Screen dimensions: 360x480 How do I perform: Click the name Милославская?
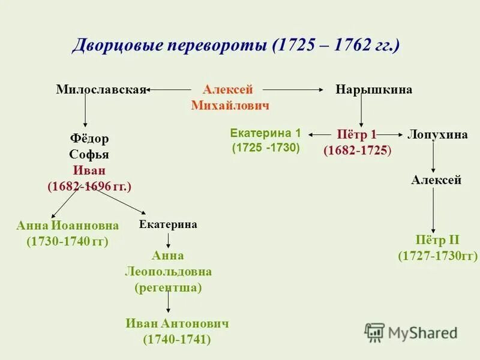101,89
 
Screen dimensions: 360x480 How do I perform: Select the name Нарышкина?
374,89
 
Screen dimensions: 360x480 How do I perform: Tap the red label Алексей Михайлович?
229,97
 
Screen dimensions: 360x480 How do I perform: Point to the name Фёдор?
89,139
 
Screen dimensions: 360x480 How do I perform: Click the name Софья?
89,154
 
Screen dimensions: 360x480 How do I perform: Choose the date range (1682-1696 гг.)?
89,187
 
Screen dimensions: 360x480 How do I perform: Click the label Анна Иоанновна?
67,226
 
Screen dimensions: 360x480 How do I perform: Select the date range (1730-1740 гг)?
67,241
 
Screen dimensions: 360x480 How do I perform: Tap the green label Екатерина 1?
265,133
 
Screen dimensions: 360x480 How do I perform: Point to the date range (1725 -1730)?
266,147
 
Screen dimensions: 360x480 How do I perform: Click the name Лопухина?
437,134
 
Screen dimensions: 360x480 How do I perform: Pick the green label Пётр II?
437,241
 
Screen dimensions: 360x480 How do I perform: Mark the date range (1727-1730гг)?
437,256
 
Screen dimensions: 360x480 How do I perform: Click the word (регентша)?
168,287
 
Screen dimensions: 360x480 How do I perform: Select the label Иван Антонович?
177,323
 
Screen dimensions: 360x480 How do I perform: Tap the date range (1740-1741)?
177,340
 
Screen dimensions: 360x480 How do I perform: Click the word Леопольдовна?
168,271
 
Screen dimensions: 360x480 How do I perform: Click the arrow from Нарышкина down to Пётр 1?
361,112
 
